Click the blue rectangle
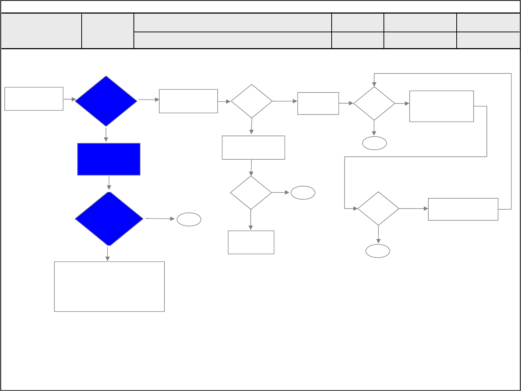[x=109, y=159]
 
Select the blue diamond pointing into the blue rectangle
[x=106, y=101]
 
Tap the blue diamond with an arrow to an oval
[x=109, y=219]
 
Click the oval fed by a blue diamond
[x=189, y=220]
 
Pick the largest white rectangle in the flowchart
[x=109, y=286]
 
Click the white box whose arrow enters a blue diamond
[x=34, y=99]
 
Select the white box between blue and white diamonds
[x=188, y=101]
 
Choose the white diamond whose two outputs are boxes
[x=251, y=101]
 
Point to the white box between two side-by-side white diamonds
[x=318, y=104]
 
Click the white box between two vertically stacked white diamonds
[x=253, y=148]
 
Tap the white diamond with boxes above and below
[x=251, y=193]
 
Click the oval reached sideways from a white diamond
[x=303, y=193]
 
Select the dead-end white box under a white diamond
[x=251, y=242]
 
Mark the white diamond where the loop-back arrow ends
[x=374, y=104]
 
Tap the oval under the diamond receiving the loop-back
[x=374, y=143]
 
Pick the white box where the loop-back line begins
[x=463, y=209]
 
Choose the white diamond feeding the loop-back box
[x=378, y=209]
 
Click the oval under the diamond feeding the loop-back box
[x=378, y=251]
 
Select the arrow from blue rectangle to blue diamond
[x=109, y=183]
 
